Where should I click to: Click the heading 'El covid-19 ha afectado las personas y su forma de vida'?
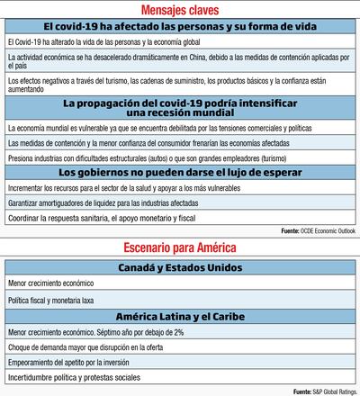pos(179,27)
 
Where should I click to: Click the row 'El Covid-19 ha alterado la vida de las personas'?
pos(90,42)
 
